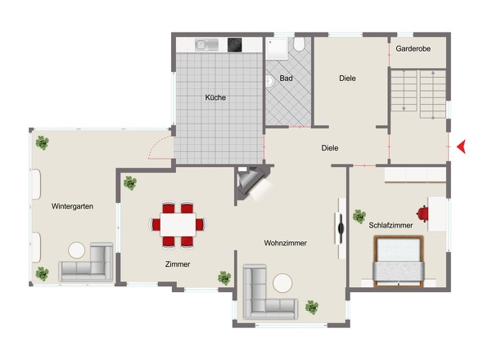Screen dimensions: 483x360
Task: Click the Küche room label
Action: (x=215, y=97)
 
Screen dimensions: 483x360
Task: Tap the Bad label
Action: (x=286, y=79)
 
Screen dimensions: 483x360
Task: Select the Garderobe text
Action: (x=413, y=48)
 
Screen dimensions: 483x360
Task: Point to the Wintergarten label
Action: (x=72, y=206)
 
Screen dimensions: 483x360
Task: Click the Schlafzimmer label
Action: (x=390, y=226)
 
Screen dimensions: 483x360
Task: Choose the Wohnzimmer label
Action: (x=285, y=243)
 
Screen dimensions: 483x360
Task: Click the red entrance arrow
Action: (x=461, y=146)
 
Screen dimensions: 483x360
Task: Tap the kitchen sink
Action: (x=206, y=45)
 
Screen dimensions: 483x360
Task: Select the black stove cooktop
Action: (x=235, y=45)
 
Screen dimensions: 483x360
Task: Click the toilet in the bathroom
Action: (x=299, y=44)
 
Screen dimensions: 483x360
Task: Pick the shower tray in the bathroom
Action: (x=277, y=48)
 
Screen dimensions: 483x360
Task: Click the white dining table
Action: (x=178, y=224)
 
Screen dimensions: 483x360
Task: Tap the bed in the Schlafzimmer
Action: (x=399, y=261)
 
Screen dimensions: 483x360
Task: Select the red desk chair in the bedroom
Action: (x=422, y=214)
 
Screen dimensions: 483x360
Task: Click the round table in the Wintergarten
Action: (x=77, y=250)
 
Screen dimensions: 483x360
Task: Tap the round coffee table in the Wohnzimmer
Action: (x=282, y=283)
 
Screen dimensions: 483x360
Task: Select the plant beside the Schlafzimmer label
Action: (x=359, y=216)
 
